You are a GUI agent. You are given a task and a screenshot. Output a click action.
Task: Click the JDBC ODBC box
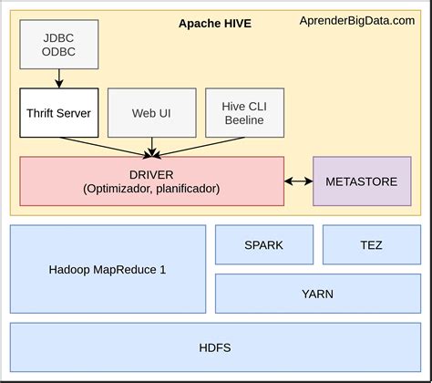pos(59,45)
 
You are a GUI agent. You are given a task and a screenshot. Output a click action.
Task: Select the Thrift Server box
pos(59,112)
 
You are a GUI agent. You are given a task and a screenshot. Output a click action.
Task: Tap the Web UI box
pos(150,112)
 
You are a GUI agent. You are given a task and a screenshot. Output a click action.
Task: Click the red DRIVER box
pos(151,181)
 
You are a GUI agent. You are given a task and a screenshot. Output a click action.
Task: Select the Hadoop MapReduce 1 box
pos(108,270)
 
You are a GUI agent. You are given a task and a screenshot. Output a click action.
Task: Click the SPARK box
pos(263,244)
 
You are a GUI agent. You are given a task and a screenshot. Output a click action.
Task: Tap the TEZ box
pos(371,244)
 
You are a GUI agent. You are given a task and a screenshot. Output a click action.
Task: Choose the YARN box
pos(317,294)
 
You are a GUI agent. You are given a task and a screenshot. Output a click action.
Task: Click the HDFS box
pos(215,347)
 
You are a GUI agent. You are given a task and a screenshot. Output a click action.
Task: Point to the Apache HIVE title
pos(215,22)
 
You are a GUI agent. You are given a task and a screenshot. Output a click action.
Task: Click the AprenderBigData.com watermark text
pos(357,21)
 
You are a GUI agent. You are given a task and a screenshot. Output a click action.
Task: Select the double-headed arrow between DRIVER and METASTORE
pos(299,181)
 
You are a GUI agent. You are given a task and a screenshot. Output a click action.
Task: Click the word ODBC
pos(59,52)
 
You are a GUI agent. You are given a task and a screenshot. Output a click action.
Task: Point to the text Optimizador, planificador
pos(151,189)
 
